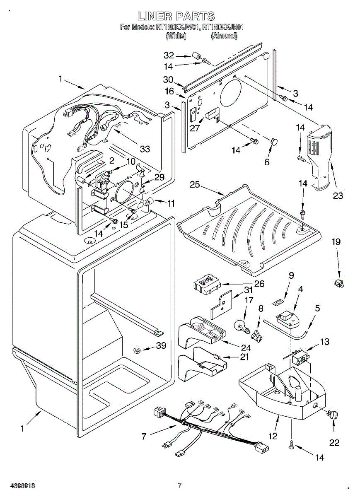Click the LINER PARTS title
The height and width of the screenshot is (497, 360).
[176, 16]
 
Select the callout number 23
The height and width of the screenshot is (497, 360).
[338, 195]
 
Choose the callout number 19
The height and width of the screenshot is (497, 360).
[336, 241]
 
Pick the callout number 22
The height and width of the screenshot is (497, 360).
[334, 443]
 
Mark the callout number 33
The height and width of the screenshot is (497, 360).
[144, 149]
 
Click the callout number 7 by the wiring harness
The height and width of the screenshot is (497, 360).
[143, 436]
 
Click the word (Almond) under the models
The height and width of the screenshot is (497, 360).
[224, 36]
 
